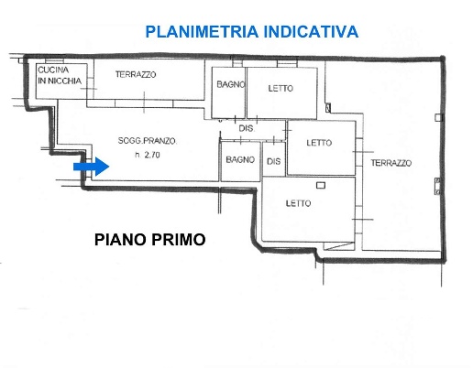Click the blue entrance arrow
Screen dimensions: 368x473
click(92, 167)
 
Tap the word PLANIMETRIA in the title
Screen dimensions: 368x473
click(201, 32)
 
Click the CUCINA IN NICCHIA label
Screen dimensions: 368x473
click(60, 76)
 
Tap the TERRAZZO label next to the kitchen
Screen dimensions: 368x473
click(134, 73)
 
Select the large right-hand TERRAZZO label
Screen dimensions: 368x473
click(390, 163)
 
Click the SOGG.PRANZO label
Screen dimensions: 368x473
click(147, 141)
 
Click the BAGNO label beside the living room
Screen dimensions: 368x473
click(239, 160)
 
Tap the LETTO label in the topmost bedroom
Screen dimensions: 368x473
click(280, 89)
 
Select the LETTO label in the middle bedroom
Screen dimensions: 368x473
click(318, 143)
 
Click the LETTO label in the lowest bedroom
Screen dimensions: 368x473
click(297, 203)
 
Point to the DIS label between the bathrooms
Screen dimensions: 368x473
click(246, 128)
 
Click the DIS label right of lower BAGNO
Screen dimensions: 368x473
click(272, 161)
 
